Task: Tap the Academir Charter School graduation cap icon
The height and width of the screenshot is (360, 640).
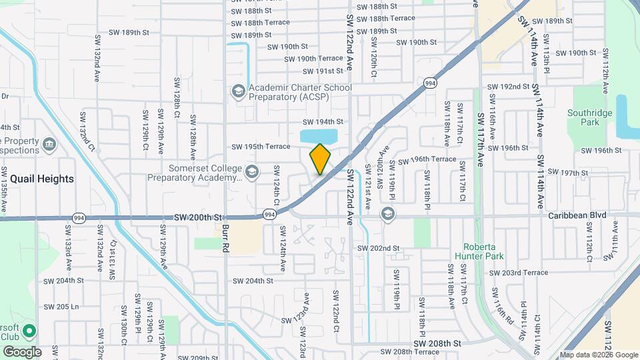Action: tap(238, 91)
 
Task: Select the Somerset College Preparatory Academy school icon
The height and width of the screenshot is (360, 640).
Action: tap(251, 172)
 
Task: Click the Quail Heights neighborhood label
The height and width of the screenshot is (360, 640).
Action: tap(37, 179)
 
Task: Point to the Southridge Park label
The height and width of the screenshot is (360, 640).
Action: tap(589, 117)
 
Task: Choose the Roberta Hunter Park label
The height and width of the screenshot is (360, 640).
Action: tap(478, 251)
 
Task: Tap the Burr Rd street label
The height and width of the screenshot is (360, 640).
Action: tap(225, 237)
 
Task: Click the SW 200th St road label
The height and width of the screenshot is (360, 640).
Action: tap(197, 217)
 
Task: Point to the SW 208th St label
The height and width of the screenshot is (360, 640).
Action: tap(437, 343)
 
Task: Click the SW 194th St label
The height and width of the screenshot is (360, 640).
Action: tap(323, 122)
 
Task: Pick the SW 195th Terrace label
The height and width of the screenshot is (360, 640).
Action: tap(261, 147)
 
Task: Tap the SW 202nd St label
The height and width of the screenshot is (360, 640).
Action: tap(378, 248)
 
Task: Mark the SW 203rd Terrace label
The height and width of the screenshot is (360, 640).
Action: tap(518, 273)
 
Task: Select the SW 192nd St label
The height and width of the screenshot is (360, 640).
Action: tap(508, 87)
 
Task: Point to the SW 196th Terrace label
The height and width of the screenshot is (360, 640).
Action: tap(427, 160)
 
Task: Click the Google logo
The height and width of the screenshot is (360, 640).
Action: tap(22, 351)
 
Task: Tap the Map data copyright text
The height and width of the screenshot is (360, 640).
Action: tap(599, 355)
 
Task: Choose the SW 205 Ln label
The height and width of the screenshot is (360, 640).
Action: tap(61, 307)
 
